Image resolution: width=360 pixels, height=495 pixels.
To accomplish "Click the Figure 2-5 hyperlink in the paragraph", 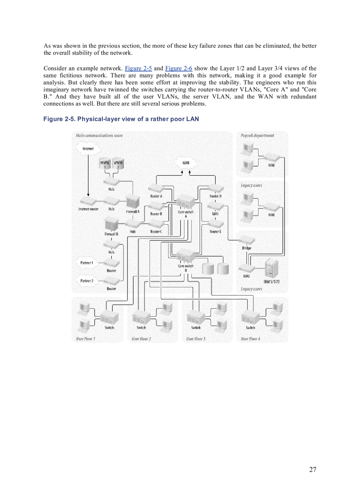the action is click(x=139, y=68).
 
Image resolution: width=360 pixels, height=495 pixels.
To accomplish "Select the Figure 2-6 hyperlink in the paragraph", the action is click(x=179, y=68).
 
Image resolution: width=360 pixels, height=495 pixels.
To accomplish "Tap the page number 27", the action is click(x=312, y=469).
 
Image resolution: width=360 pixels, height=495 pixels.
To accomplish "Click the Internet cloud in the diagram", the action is click(x=88, y=149).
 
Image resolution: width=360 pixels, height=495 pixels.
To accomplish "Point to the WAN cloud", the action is click(x=186, y=163).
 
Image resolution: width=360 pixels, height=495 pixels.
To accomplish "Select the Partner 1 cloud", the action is click(x=86, y=263).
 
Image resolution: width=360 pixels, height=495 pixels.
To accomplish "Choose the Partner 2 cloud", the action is click(x=86, y=280).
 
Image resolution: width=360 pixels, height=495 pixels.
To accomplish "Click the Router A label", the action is click(x=156, y=196).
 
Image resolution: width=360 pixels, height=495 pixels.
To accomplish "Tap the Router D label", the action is click(x=215, y=196).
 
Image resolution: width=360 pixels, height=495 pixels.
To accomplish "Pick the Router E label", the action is click(x=215, y=231).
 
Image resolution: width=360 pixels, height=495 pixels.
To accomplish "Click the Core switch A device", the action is click(x=185, y=202).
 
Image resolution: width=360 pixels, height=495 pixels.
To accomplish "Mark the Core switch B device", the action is click(x=185, y=257).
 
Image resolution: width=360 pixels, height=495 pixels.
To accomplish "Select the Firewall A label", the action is click(x=132, y=212).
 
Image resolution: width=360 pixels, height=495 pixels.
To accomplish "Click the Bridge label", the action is click(x=247, y=248).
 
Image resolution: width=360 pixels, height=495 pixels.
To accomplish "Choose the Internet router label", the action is click(x=88, y=209).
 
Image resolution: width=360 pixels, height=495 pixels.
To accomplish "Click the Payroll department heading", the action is click(x=258, y=135).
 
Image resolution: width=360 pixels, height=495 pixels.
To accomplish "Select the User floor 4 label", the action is click(x=250, y=339).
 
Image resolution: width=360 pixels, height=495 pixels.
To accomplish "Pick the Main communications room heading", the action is click(x=99, y=135).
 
